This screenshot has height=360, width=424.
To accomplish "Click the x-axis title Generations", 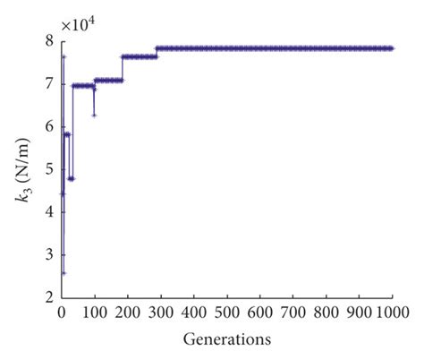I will [x=227, y=341].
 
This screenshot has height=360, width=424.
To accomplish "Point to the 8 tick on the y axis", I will [x=48, y=41].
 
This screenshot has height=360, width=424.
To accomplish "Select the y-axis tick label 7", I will [x=48, y=84].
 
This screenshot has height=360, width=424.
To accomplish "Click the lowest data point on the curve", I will [x=64, y=273].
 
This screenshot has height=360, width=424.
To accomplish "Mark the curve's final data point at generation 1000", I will [x=392, y=48].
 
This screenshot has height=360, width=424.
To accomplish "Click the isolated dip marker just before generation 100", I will [x=94, y=115].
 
